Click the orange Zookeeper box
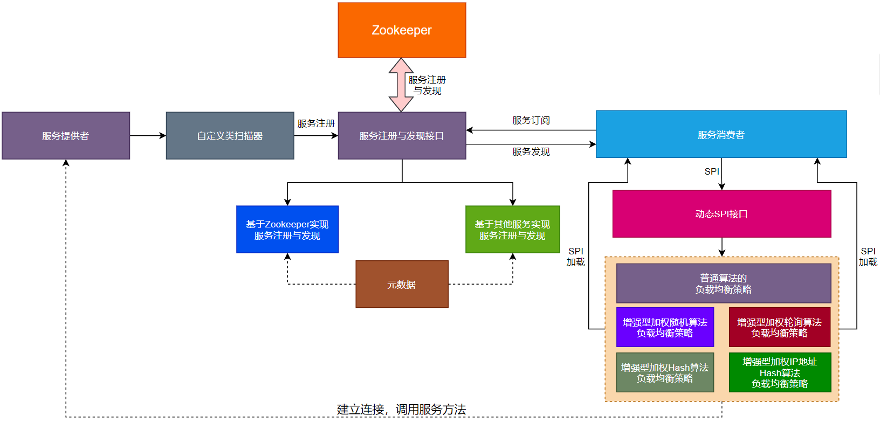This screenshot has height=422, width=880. [x=402, y=30]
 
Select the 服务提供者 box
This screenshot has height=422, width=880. [x=66, y=136]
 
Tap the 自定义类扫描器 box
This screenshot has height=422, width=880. [x=230, y=136]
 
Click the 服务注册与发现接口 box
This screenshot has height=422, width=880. [x=402, y=136]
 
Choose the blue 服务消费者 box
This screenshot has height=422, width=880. [x=721, y=134]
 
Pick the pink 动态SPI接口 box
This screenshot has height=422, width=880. [x=721, y=214]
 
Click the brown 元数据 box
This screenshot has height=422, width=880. [x=402, y=285]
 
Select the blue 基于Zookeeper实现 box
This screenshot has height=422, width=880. [x=287, y=230]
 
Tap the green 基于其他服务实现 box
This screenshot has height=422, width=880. [x=512, y=230]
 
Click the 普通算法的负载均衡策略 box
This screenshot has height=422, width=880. [x=724, y=283]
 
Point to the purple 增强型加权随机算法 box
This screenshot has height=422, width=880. [x=665, y=327]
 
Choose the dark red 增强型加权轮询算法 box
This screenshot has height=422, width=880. [x=779, y=327]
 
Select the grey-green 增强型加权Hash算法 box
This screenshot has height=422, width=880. [x=665, y=372]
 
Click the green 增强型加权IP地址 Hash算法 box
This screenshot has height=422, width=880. [x=780, y=372]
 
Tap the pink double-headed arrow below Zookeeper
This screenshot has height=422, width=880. [x=401, y=85]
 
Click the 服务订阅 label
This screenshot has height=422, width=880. [x=531, y=120]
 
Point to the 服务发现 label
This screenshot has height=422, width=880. [x=531, y=152]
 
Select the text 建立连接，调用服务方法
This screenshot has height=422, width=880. [x=401, y=410]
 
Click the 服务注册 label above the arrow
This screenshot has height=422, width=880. [x=316, y=123]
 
